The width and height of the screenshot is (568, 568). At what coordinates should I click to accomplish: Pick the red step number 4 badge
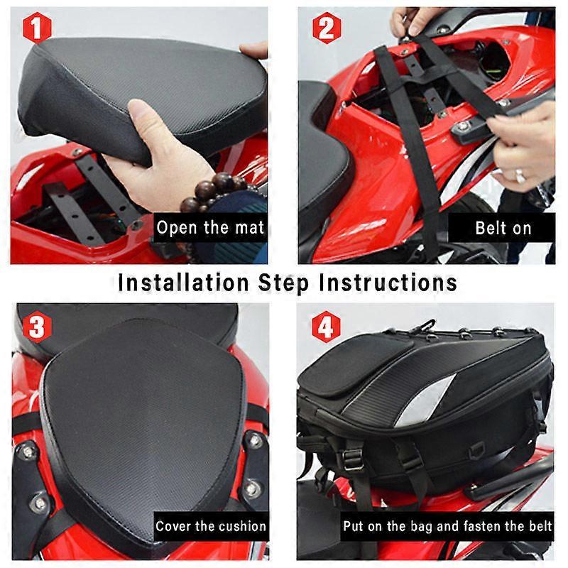324,327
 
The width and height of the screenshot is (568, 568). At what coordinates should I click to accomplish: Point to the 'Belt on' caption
503,229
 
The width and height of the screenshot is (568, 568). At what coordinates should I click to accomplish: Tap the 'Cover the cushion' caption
210,526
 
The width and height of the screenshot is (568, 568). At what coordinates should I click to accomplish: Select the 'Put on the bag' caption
447,527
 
